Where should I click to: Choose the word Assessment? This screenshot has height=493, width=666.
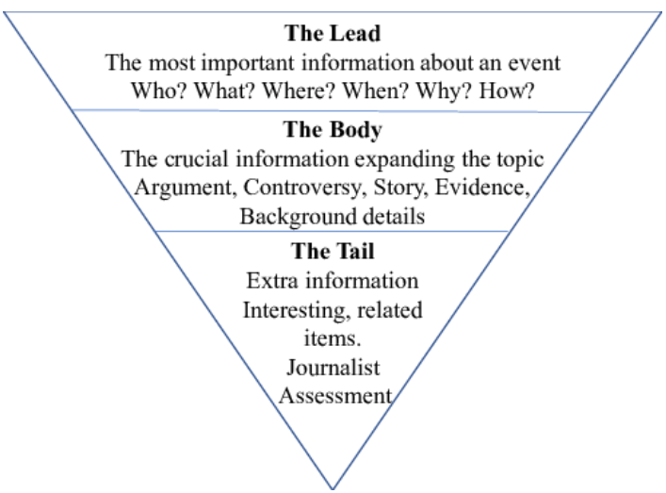(x=333, y=396)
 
